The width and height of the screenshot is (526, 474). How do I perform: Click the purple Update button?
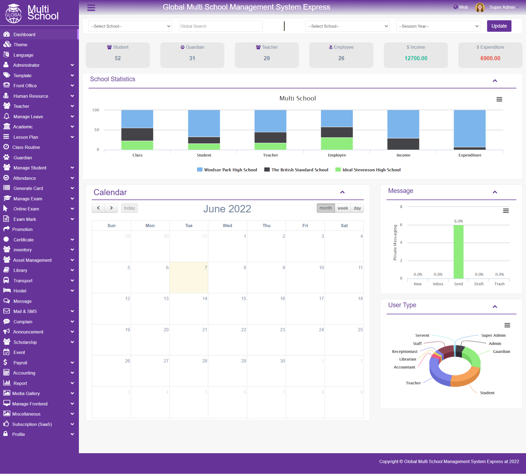499,26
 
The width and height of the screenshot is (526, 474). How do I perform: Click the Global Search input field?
221,26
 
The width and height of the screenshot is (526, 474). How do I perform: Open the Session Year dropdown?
438,26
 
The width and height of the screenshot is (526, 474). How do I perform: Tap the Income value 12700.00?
416,58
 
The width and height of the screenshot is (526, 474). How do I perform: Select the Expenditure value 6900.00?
490,58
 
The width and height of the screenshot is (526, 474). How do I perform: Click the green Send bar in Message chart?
458,252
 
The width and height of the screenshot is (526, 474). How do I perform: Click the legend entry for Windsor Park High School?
227,170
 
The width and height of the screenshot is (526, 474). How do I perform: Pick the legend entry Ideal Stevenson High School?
368,170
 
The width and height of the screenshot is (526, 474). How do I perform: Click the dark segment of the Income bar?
403,144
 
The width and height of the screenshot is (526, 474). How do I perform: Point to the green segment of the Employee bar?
337,144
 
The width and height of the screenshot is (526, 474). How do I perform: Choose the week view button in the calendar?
343,208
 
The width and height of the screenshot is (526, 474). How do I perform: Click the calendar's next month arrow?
111,208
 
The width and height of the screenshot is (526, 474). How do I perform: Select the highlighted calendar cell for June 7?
189,278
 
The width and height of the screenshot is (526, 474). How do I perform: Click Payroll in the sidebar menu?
20,363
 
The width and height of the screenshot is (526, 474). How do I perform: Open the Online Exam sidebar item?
26,209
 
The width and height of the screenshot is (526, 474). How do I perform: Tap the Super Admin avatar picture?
480,7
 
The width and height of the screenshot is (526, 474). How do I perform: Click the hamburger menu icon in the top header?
91,8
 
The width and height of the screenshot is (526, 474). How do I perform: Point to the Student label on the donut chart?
487,393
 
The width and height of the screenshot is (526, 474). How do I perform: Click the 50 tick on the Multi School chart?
97,130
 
